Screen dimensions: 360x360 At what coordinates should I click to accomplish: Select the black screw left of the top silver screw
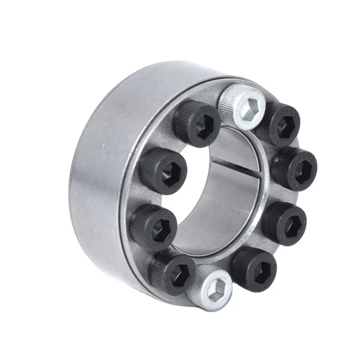click(197, 122)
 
